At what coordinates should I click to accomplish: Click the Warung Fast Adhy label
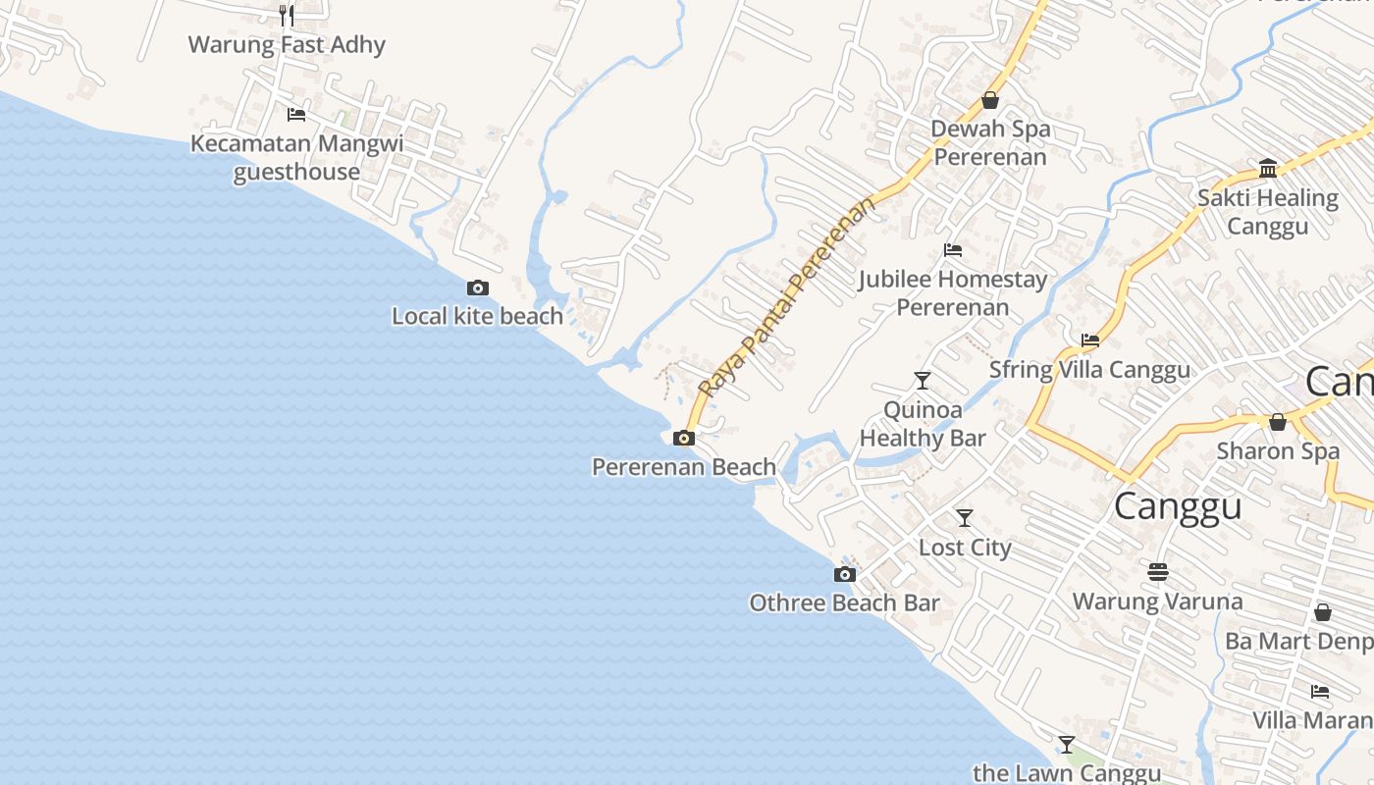point(287,44)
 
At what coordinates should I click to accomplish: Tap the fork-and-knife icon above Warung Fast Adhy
point(287,15)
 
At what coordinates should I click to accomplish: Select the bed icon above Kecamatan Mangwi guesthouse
point(296,115)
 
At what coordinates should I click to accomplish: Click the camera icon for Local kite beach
point(478,288)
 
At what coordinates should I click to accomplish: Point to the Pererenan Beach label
point(684,467)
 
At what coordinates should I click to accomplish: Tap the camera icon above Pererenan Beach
point(684,438)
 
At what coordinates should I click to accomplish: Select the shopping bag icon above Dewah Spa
point(990,100)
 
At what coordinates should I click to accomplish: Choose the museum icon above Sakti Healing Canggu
point(1268,169)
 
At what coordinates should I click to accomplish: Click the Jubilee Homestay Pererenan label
point(953,292)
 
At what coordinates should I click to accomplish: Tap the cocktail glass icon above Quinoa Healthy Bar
point(923,380)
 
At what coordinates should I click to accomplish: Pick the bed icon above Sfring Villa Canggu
point(1090,340)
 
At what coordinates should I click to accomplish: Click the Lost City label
point(965,547)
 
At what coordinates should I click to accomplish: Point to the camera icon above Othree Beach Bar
point(845,574)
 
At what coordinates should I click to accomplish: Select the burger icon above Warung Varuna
point(1158,571)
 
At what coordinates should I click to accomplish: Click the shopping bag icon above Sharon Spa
point(1278,422)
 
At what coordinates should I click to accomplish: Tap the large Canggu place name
point(1178,506)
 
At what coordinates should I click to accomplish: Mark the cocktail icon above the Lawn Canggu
point(1067,744)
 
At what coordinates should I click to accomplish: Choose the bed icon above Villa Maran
point(1320,691)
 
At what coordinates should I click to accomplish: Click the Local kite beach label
point(478,316)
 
